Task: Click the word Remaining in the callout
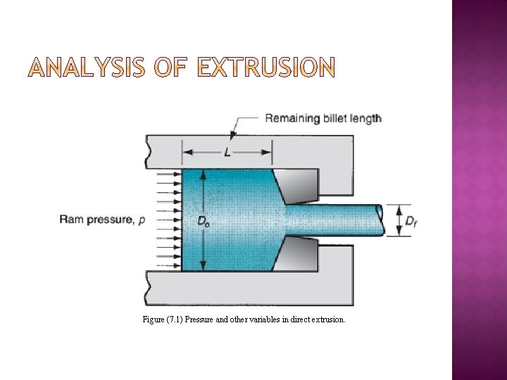(x=292, y=118)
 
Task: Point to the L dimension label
(x=227, y=153)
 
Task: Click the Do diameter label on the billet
(x=203, y=221)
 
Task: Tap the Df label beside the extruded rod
(x=411, y=221)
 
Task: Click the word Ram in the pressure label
(x=71, y=220)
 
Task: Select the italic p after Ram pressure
(x=142, y=221)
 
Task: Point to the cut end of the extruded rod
(x=380, y=220)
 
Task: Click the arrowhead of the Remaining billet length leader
(x=234, y=134)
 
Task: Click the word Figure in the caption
(x=153, y=319)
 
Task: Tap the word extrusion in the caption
(x=327, y=319)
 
